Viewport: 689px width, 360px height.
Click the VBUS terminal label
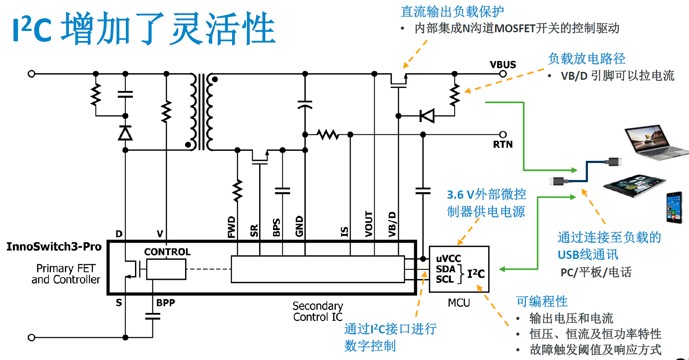(503, 65)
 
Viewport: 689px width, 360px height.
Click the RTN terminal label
(503, 144)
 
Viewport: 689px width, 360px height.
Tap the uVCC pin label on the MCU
(448, 258)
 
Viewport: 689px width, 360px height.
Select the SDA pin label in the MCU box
(445, 269)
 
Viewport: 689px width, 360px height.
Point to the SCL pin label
(445, 279)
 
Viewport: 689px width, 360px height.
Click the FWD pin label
(231, 227)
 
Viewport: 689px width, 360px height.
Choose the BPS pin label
(276, 227)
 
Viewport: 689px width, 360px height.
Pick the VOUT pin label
(369, 224)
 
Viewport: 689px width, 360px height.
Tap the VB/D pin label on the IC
(392, 224)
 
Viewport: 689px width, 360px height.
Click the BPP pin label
(165, 302)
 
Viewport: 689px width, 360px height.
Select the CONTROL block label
(167, 252)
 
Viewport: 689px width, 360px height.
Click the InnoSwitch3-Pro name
(54, 247)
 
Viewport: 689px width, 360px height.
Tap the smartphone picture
(674, 207)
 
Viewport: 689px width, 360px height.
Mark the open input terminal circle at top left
(31, 74)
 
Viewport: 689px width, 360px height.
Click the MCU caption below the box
(459, 302)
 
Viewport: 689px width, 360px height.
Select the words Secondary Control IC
(317, 311)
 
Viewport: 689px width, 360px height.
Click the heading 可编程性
(542, 301)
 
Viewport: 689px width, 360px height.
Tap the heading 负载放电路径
(586, 58)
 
